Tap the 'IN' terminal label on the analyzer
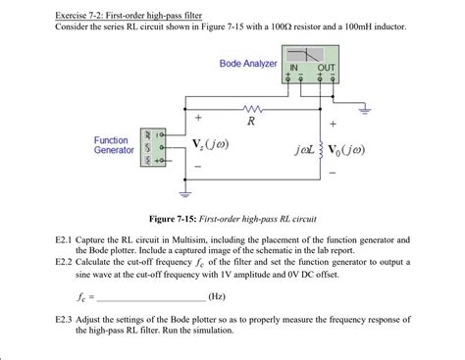coord(292,67)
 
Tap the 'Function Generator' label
coord(114,145)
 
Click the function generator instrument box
coord(152,145)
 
